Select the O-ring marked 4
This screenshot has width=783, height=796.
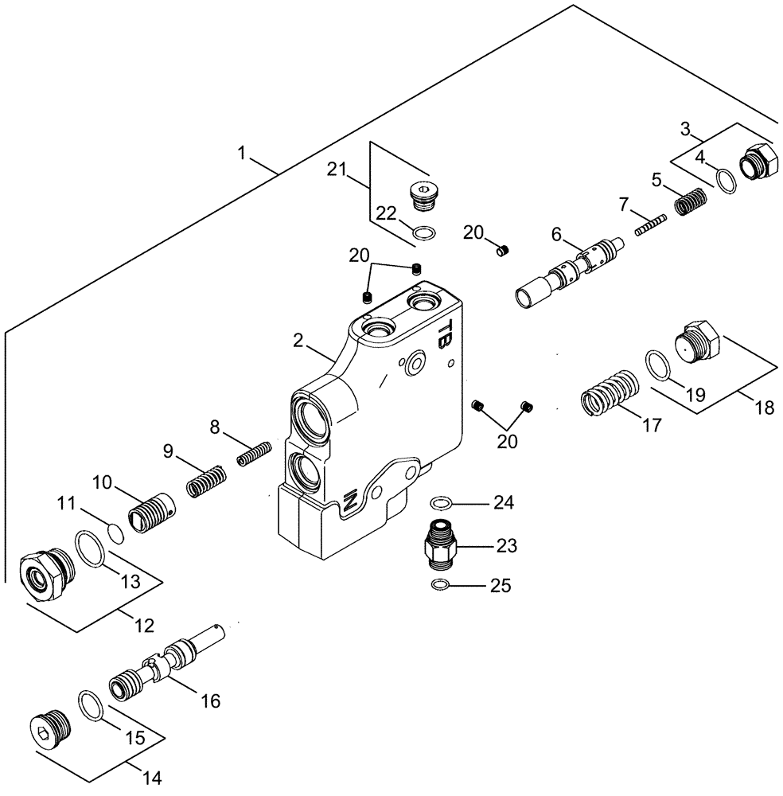click(x=725, y=181)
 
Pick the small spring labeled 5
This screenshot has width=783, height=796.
click(x=691, y=201)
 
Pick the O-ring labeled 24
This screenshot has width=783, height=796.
click(x=441, y=502)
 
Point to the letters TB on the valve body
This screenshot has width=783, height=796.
click(x=448, y=333)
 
